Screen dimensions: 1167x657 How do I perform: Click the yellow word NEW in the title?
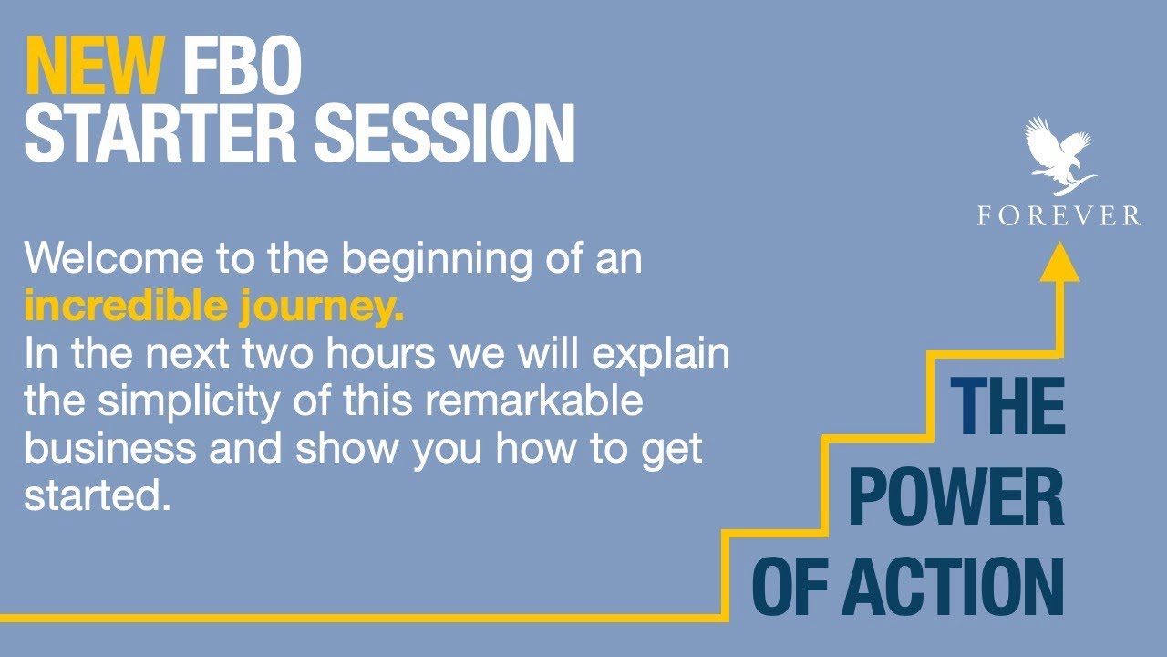(x=96, y=66)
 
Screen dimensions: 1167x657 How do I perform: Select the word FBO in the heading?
(x=242, y=66)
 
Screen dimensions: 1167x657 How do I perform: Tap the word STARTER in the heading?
(x=160, y=133)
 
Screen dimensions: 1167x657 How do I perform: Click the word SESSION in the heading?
(x=444, y=133)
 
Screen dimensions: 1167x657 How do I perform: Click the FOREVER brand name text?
(x=1059, y=216)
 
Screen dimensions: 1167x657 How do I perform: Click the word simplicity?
(x=188, y=402)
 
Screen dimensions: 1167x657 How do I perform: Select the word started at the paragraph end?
(x=98, y=495)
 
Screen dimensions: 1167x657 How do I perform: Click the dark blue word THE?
(x=1007, y=406)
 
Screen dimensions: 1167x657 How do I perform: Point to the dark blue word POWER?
(x=956, y=496)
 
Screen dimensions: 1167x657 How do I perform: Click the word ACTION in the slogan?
(x=953, y=587)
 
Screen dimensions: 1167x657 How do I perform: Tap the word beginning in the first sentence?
(x=437, y=260)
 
